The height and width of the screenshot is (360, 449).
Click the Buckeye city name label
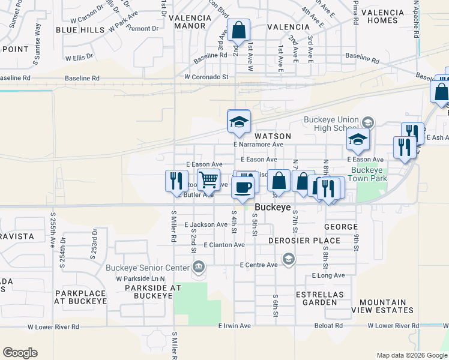[273, 207]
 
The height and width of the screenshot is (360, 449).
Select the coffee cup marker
[243, 187]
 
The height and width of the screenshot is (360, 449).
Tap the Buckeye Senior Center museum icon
[199, 267]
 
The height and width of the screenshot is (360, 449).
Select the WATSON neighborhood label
[273, 136]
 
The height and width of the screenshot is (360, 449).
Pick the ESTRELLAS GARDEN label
[319, 298]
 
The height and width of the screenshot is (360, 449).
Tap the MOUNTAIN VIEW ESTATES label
[387, 306]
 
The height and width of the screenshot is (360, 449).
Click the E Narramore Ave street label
[258, 145]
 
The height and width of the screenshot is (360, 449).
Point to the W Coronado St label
[206, 77]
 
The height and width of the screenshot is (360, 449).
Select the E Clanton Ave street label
[224, 245]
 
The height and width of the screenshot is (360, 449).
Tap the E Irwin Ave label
[234, 326]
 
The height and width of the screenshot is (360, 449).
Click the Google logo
[20, 353]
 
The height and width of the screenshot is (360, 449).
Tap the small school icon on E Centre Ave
[289, 259]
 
